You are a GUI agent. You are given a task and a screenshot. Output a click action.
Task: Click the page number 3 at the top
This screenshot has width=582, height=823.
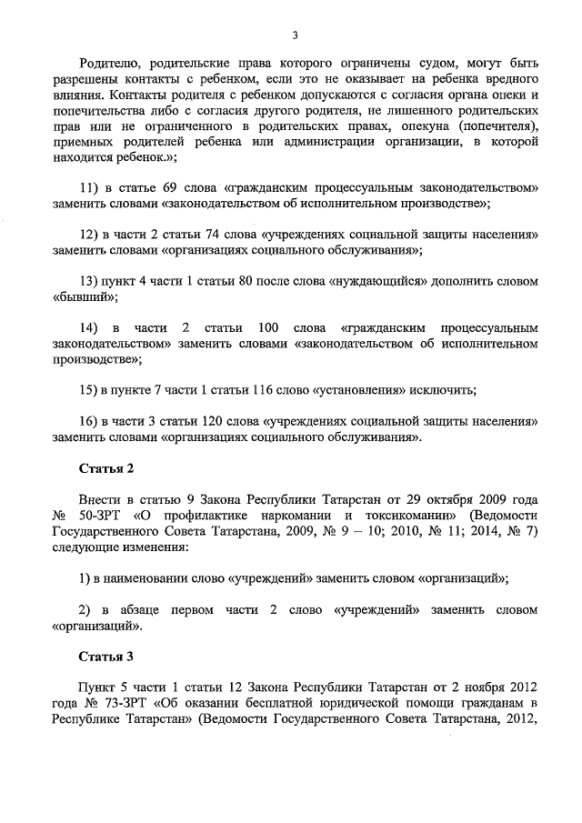(294, 35)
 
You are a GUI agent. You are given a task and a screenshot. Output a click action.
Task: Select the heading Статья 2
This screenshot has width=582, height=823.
(106, 468)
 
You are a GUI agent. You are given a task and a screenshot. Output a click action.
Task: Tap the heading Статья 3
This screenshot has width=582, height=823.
(106, 654)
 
